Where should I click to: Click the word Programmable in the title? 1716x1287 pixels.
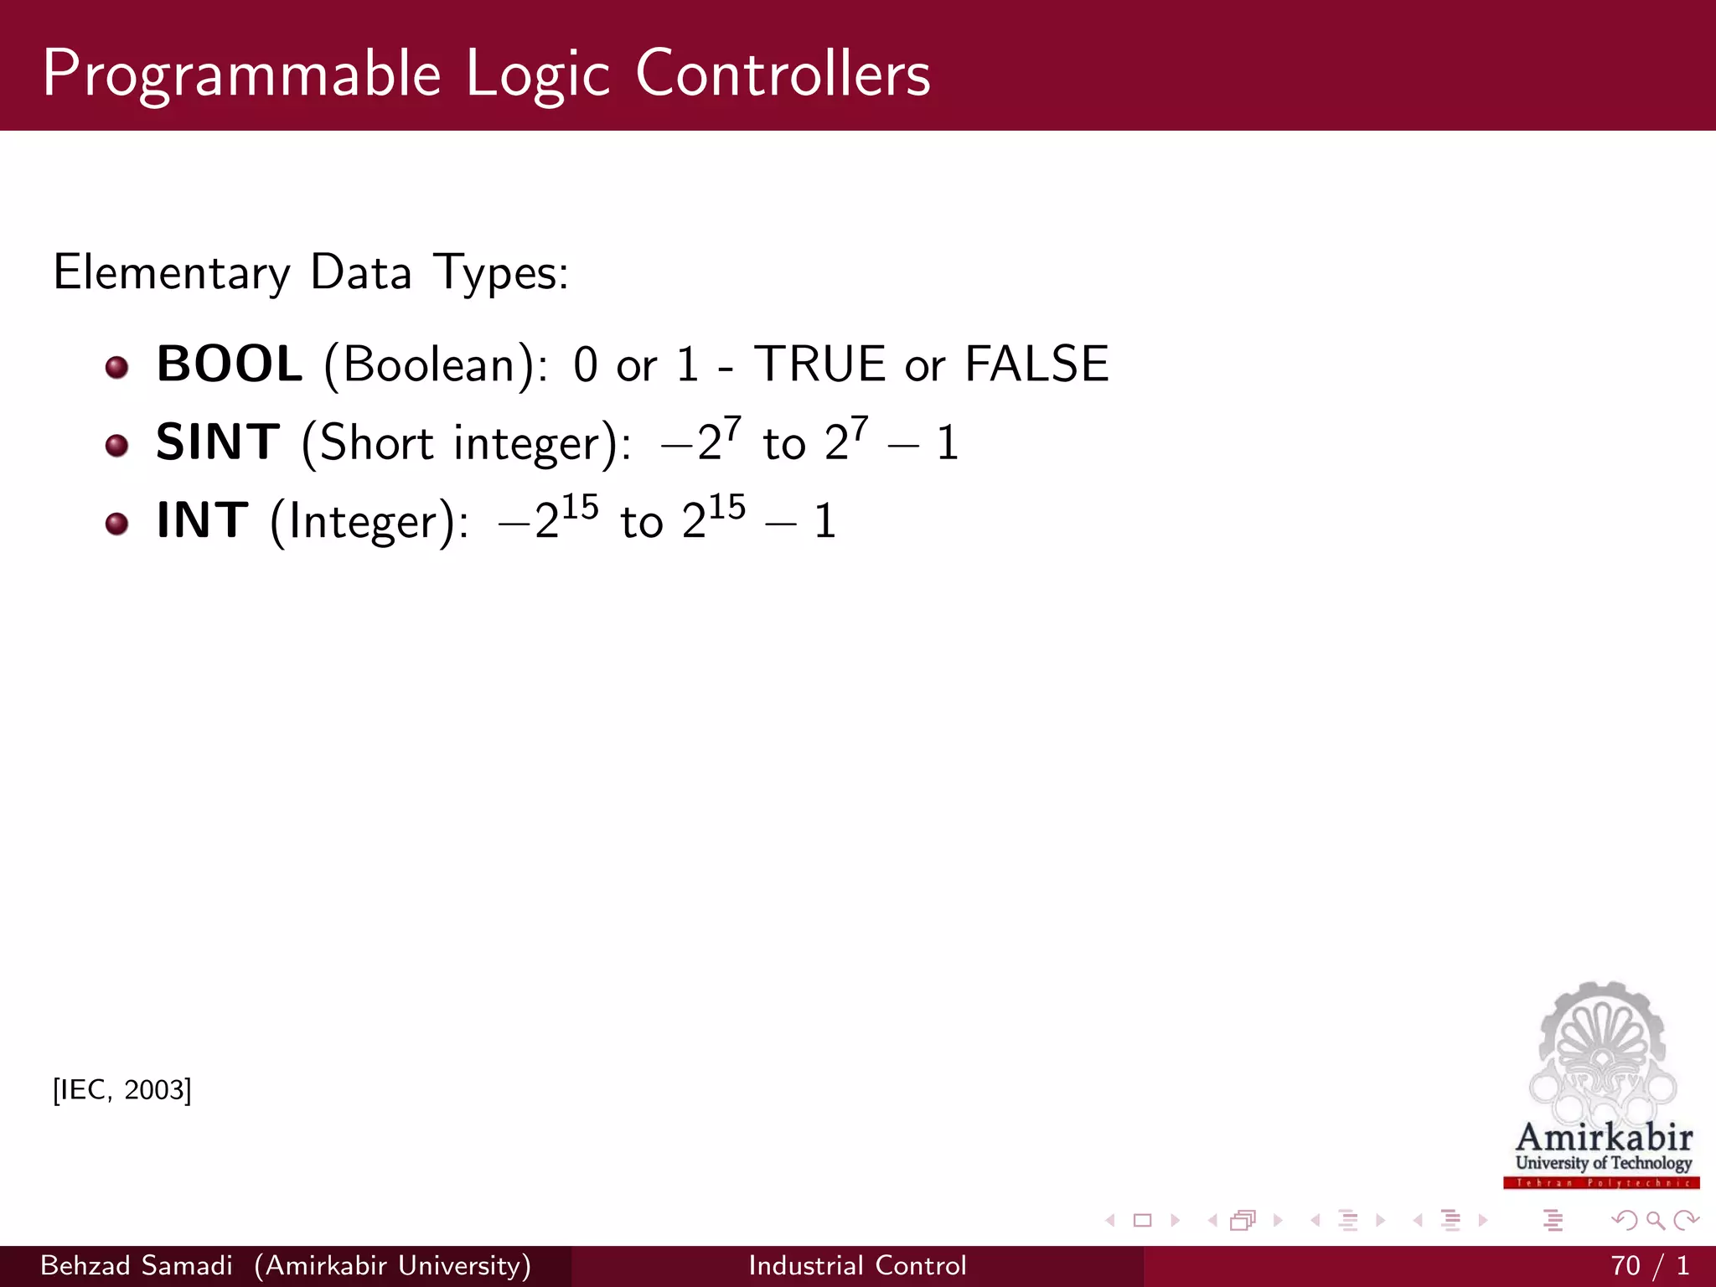pyautogui.click(x=241, y=75)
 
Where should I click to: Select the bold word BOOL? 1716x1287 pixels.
pyautogui.click(x=230, y=364)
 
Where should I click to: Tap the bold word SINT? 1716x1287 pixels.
pyautogui.click(x=218, y=442)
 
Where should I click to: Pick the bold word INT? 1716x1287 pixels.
pyautogui.click(x=203, y=520)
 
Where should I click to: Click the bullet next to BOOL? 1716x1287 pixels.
pyautogui.click(x=117, y=367)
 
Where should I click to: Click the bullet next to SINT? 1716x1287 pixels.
pyautogui.click(x=117, y=445)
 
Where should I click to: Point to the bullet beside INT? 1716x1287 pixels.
pyautogui.click(x=117, y=524)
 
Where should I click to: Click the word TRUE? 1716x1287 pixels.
pyautogui.click(x=819, y=364)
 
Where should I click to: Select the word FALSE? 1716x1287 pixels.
pyautogui.click(x=1036, y=364)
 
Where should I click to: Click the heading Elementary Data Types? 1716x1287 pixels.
pyautogui.click(x=311, y=273)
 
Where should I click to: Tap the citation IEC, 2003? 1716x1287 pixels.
pyautogui.click(x=122, y=1090)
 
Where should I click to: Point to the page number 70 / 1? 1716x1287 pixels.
pyautogui.click(x=1649, y=1265)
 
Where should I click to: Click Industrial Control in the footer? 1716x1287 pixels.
pyautogui.click(x=857, y=1265)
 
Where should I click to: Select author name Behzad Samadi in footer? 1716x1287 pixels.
pyautogui.click(x=137, y=1265)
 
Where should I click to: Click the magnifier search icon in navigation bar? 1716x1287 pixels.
pyautogui.click(x=1655, y=1220)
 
